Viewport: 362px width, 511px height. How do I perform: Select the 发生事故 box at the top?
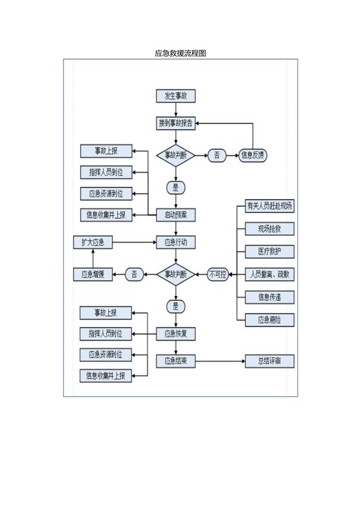(175, 96)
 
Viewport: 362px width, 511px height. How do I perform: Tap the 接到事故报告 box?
(175, 123)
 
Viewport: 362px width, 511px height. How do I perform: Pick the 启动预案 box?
(175, 215)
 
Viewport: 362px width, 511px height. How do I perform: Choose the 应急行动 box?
(175, 242)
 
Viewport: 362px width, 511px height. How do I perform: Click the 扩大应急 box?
(93, 242)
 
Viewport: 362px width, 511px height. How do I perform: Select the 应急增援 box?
(93, 275)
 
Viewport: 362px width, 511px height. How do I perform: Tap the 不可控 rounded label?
(218, 275)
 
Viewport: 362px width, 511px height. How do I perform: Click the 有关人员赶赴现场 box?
(270, 206)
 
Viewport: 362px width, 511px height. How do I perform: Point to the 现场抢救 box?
(270, 229)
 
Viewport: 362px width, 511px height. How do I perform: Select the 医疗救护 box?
(270, 252)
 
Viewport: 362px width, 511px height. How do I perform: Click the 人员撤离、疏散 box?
(270, 275)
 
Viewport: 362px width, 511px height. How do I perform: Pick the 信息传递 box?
(270, 297)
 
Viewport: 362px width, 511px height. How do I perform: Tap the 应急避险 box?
(270, 320)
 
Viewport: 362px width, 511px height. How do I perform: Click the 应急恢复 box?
(175, 334)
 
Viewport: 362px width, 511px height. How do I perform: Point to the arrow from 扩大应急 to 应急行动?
(134, 242)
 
